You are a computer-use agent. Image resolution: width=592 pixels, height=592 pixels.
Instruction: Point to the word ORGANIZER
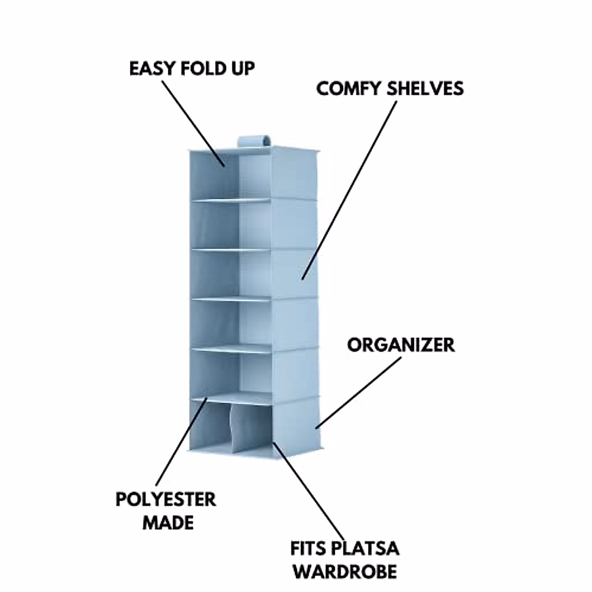(401, 345)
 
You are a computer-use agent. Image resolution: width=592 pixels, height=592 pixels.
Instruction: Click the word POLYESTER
(166, 499)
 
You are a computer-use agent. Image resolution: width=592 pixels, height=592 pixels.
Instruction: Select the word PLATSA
(366, 549)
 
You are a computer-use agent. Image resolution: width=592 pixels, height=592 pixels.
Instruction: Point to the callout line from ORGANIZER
(359, 392)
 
